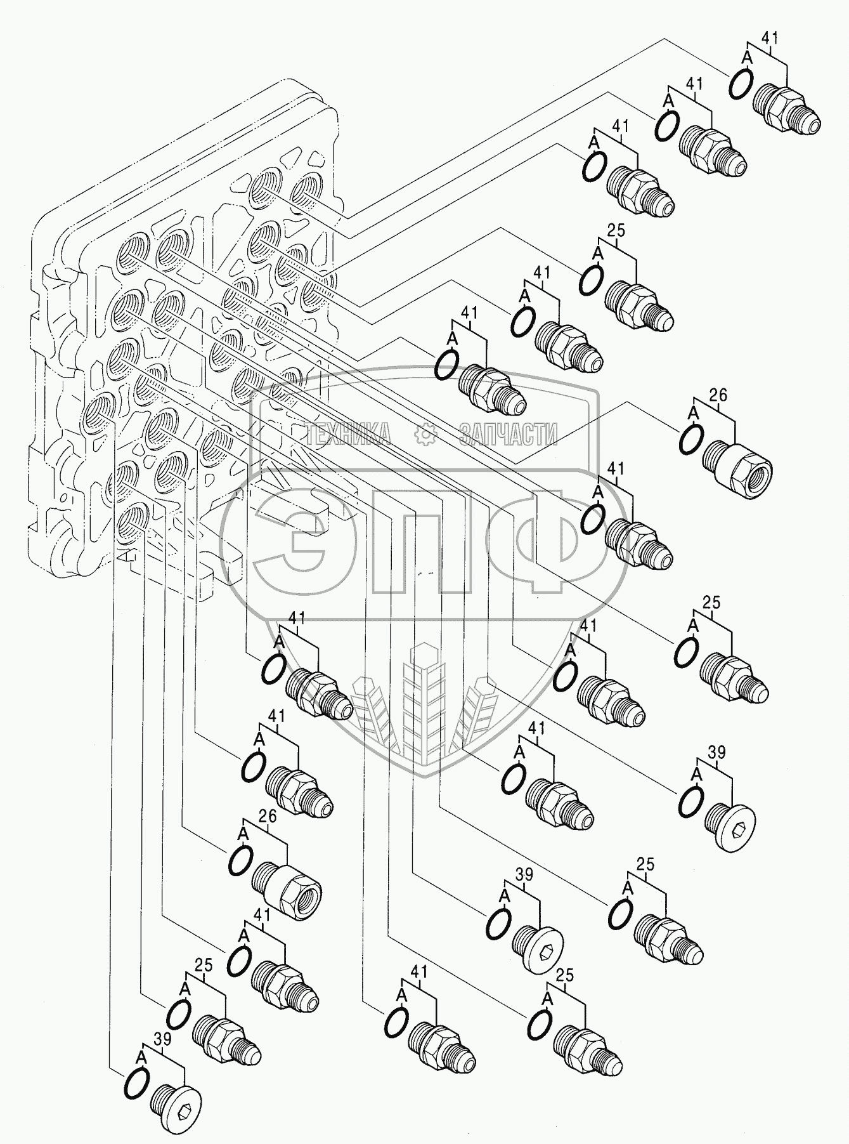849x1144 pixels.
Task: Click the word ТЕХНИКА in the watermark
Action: click(x=347, y=435)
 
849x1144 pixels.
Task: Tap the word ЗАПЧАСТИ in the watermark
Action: click(x=508, y=435)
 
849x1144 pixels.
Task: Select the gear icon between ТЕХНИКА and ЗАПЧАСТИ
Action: click(x=423, y=434)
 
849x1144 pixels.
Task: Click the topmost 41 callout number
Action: click(x=769, y=37)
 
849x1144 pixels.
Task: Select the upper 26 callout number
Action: click(x=718, y=396)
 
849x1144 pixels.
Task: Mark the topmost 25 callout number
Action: click(x=616, y=230)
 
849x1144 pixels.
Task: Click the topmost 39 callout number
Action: click(x=716, y=753)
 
